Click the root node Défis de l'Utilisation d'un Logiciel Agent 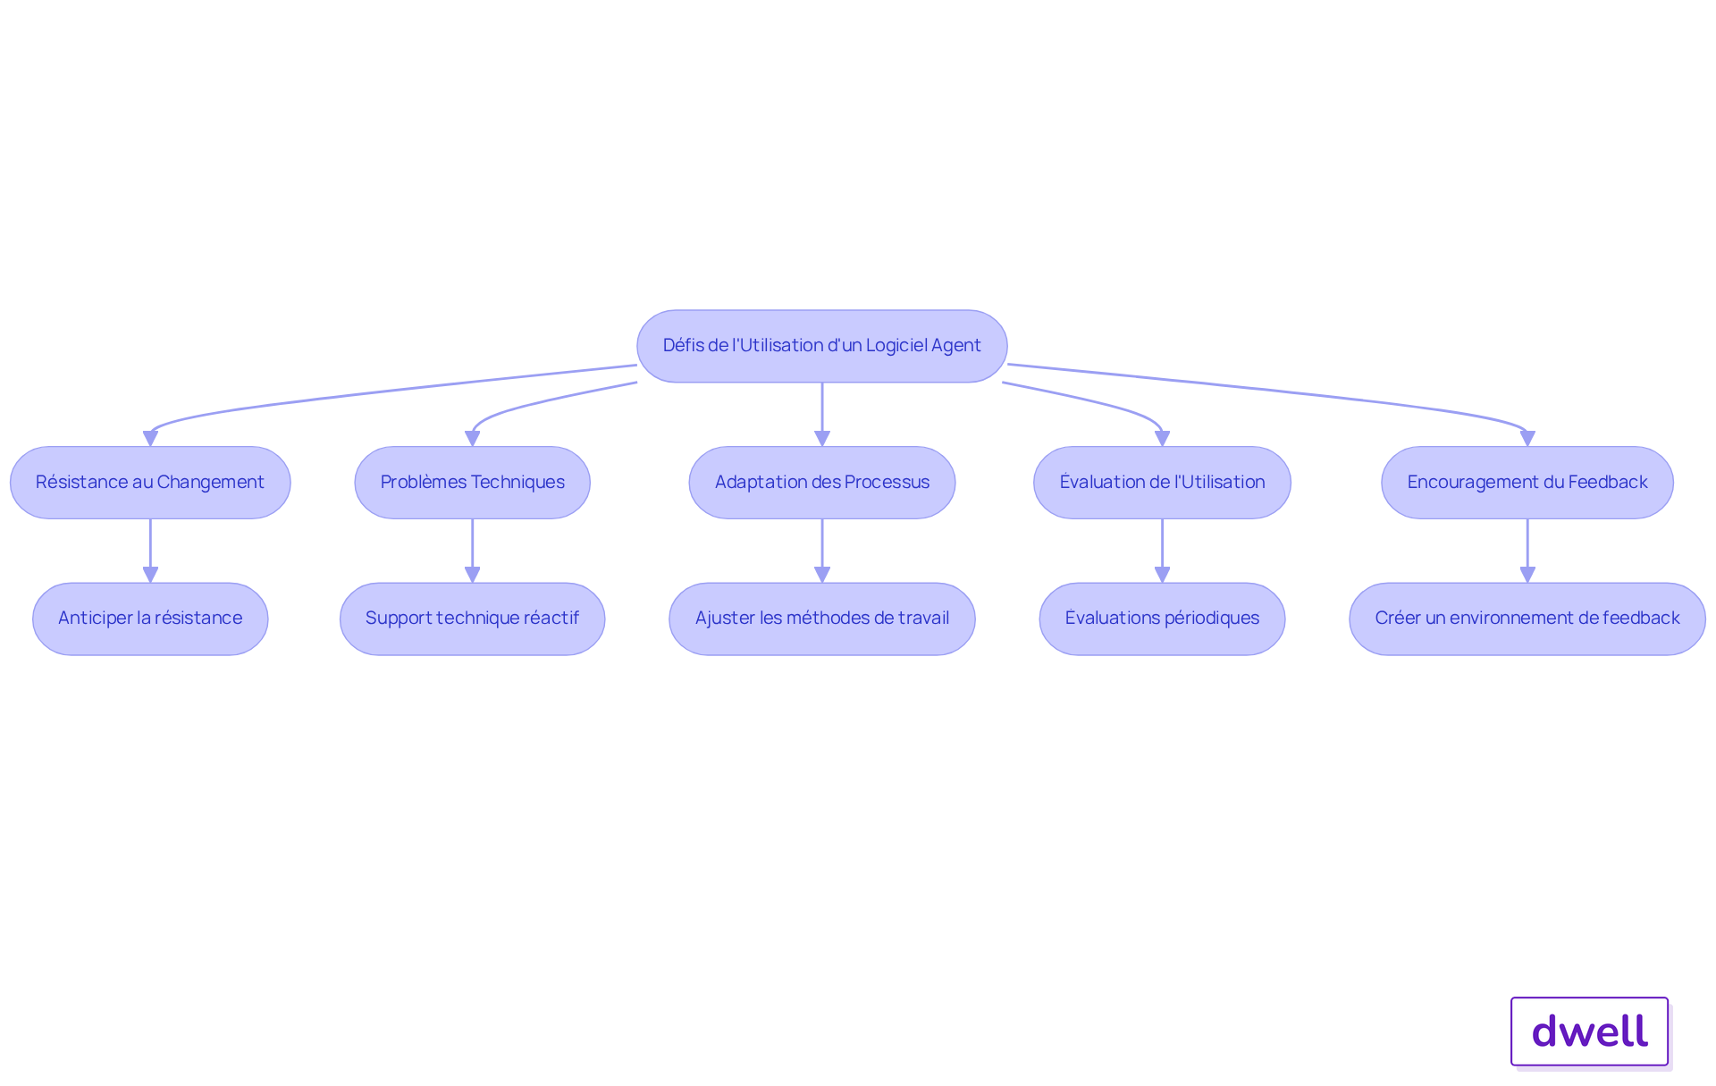[x=822, y=346]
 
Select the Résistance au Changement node [x=150, y=483]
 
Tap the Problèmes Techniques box [x=472, y=483]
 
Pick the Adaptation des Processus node [x=822, y=483]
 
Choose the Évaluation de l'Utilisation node [x=1162, y=483]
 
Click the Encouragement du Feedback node [x=1527, y=483]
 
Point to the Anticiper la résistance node [x=150, y=619]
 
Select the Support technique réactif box [x=472, y=619]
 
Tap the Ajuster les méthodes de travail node [x=822, y=619]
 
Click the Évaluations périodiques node [x=1162, y=619]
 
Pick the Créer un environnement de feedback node [x=1527, y=619]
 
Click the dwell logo [x=1590, y=1031]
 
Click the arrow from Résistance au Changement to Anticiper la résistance [x=150, y=551]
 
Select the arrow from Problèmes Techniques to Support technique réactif [x=472, y=551]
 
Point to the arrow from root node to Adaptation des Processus [x=822, y=415]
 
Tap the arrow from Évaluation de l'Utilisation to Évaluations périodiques [x=1162, y=551]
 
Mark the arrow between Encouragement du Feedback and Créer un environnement [x=1527, y=551]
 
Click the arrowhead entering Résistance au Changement [x=150, y=439]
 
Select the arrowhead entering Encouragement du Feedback [x=1527, y=439]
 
